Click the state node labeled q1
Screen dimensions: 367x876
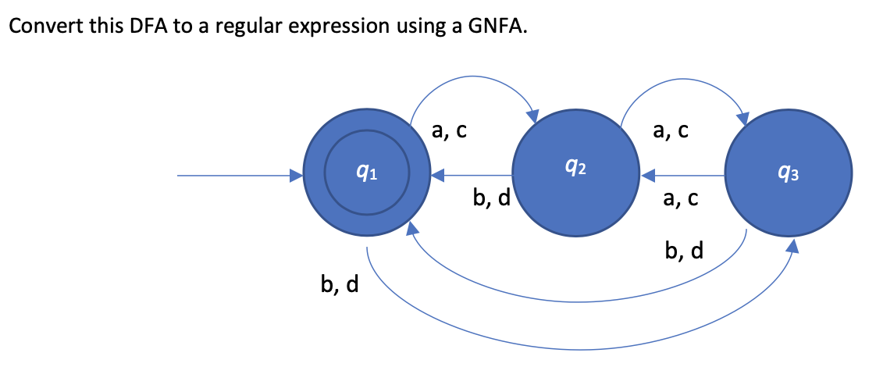tap(367, 176)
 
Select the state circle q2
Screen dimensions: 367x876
tap(575, 176)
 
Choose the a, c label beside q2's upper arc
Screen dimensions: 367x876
tap(671, 132)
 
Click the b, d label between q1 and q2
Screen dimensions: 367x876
tap(492, 199)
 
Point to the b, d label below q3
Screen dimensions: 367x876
tap(684, 251)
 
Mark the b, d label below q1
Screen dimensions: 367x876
tap(340, 285)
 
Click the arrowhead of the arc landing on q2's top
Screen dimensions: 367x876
tap(535, 116)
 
